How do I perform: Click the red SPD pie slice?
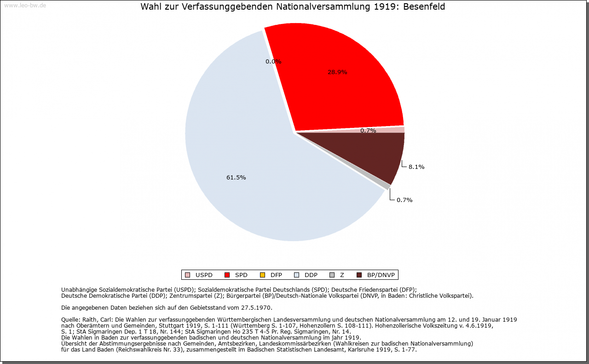pos(350,87)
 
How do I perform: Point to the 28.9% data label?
pos(337,72)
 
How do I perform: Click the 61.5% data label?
pos(236,178)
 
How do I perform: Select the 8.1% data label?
pos(416,167)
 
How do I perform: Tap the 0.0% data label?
pos(273,62)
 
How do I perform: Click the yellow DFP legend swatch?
pos(262,275)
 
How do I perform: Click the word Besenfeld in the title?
pos(424,7)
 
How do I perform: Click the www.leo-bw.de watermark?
pos(25,6)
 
